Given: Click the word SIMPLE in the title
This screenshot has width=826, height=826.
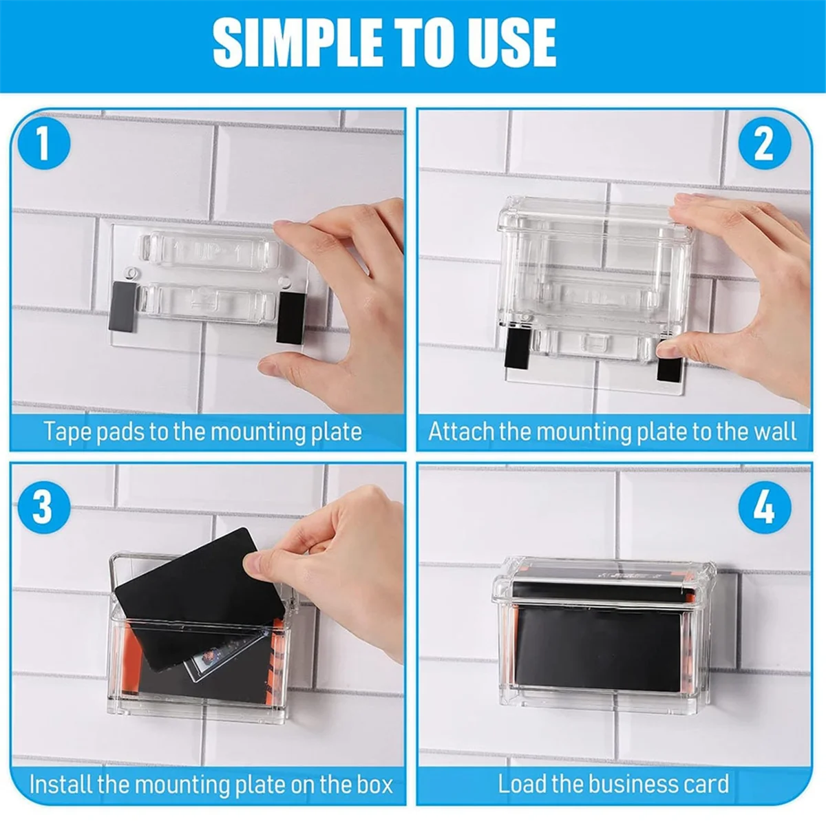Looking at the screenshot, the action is [x=297, y=43].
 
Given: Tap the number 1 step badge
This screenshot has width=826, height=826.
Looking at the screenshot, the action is [x=44, y=143].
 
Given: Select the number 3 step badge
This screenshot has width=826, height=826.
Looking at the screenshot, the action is [x=44, y=507].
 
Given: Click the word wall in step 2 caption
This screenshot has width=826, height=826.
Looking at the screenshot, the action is [x=776, y=431].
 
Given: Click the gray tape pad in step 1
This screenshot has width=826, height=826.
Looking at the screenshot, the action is [x=123, y=306].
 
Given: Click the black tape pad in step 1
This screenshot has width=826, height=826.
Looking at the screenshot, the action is [x=290, y=317].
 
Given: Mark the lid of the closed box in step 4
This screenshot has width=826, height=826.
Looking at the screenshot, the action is [x=604, y=580].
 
